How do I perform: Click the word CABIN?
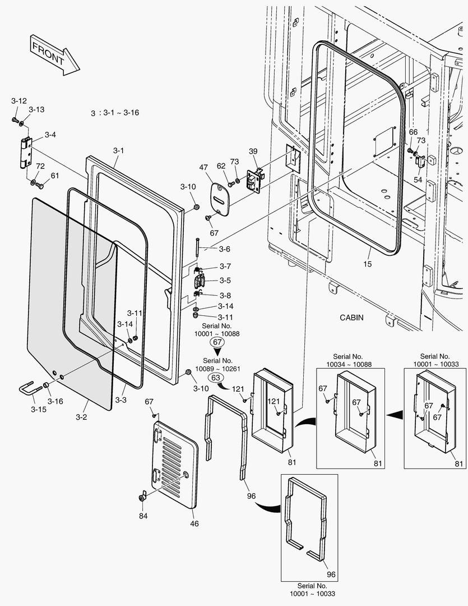351,318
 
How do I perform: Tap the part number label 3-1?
118,150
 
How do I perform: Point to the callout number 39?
253,151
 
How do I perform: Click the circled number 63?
215,378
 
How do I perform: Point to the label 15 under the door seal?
367,264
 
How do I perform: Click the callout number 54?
418,180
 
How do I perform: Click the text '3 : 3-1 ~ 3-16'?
115,113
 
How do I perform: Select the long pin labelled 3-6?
198,247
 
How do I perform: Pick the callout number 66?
413,132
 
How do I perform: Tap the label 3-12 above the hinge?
19,100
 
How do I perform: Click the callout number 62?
221,166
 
